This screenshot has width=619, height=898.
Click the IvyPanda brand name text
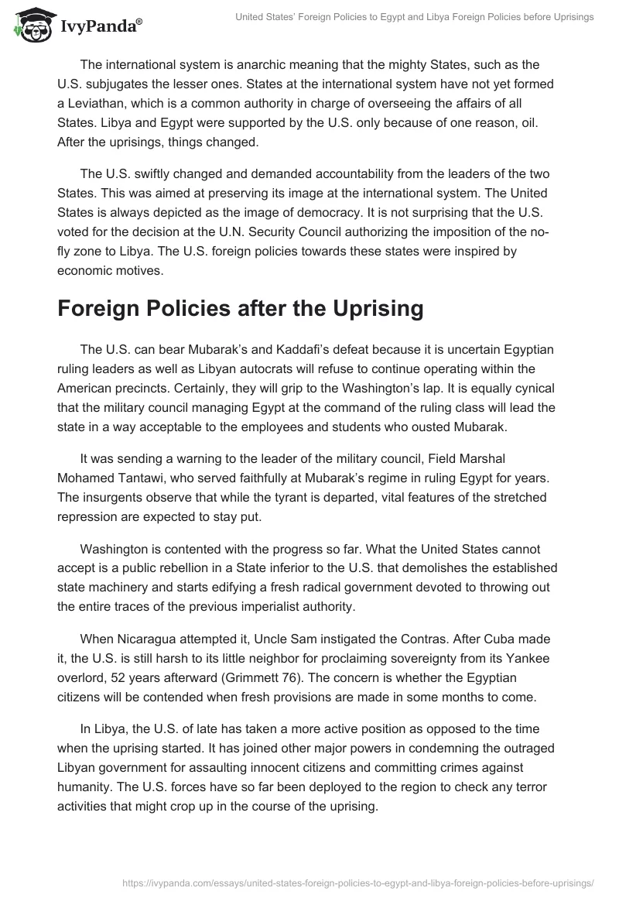pyautogui.click(x=98, y=26)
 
